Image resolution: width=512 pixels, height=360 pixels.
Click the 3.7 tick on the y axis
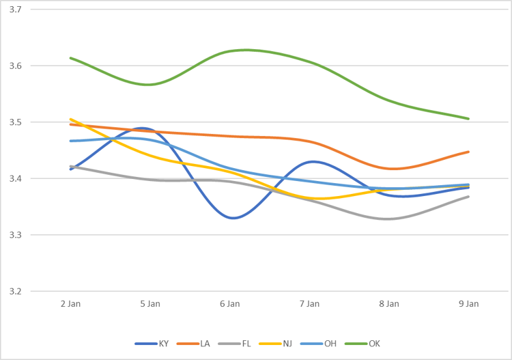tap(15, 10)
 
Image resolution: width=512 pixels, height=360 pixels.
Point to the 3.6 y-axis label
tap(15, 66)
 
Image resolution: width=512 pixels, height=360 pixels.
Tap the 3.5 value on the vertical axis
tap(15, 122)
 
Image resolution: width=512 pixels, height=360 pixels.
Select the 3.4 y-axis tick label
tap(15, 179)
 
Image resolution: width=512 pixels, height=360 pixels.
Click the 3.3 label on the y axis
tap(15, 235)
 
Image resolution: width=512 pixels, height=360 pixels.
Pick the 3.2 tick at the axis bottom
tap(15, 291)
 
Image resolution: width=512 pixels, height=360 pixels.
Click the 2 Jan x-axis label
tap(70, 303)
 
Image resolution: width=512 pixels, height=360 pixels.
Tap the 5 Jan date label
tap(150, 303)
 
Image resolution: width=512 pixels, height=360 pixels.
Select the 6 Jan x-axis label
tap(229, 303)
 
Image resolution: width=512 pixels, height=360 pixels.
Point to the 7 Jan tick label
tap(309, 303)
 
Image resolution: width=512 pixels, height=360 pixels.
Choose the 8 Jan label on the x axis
tap(389, 303)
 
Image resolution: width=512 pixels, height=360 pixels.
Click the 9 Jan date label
tap(468, 303)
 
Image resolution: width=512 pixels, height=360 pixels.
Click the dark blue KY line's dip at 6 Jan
tap(232, 218)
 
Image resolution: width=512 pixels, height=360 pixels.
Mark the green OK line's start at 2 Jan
tap(70, 57)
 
